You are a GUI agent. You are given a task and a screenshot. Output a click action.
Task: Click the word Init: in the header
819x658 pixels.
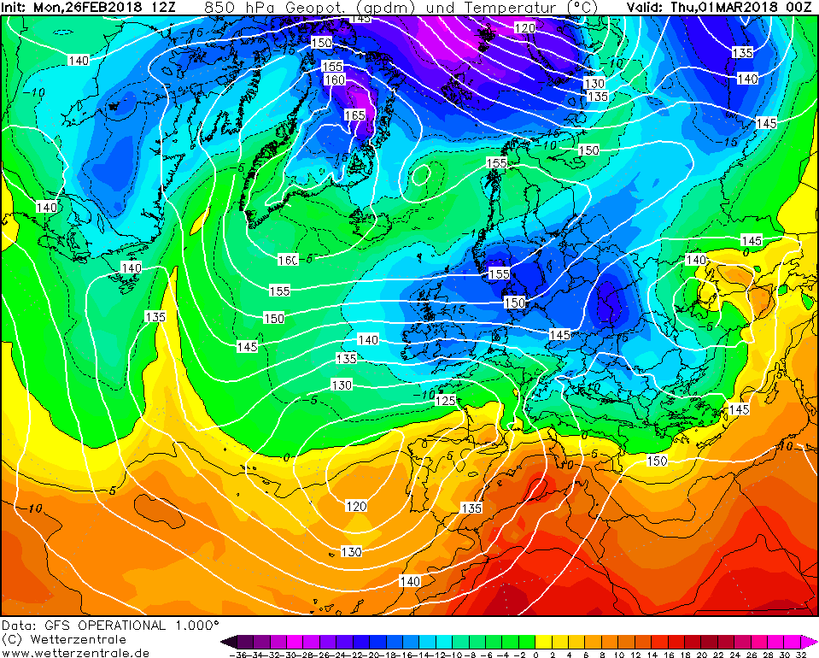[16, 7]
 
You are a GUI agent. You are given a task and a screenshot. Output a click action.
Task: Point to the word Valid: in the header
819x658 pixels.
[646, 7]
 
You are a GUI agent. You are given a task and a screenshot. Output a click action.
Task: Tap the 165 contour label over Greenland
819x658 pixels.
[354, 115]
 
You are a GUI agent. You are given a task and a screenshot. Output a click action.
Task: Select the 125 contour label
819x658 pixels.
[446, 400]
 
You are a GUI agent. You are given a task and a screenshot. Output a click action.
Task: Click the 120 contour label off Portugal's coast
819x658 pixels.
[356, 506]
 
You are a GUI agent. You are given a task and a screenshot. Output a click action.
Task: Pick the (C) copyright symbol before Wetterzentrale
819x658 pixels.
[11, 639]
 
